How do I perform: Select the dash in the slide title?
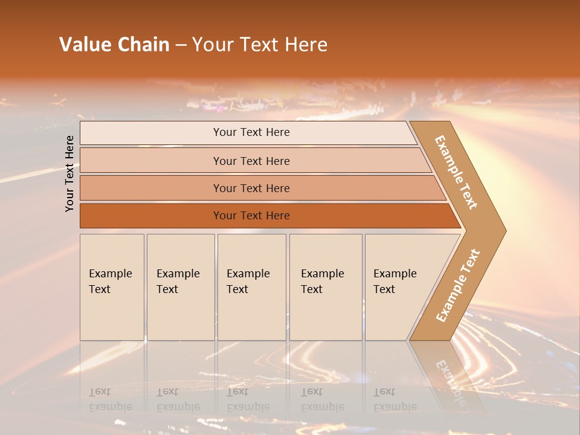(180, 45)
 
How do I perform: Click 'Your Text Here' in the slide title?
(260, 45)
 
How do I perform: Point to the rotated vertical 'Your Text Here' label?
(69, 173)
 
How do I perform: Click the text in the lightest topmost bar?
(251, 132)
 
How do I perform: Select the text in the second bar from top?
(251, 161)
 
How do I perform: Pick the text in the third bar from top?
(251, 188)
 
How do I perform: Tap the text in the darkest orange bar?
(251, 216)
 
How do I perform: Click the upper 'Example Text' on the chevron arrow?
(456, 172)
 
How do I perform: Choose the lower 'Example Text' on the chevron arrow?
(458, 286)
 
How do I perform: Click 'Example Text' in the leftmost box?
(110, 282)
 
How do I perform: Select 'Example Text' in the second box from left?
(178, 282)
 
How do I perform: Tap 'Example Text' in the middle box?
(248, 282)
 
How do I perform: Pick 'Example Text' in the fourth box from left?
(322, 282)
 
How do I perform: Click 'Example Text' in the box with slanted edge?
(395, 282)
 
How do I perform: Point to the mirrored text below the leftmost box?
(110, 399)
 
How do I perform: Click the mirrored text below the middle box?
(248, 399)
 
